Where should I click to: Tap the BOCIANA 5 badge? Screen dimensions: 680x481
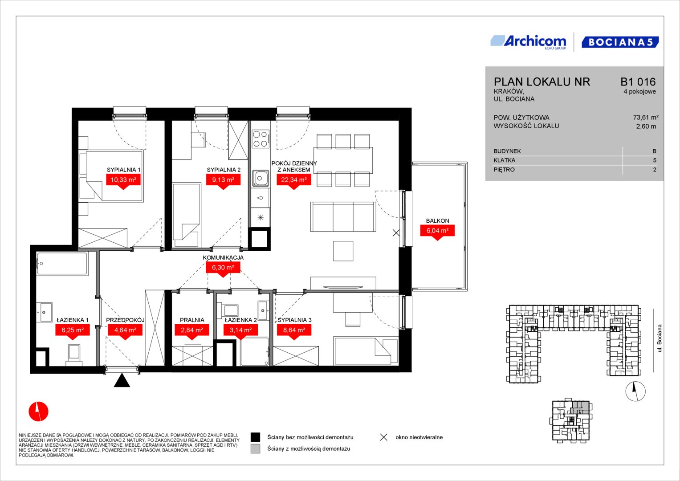tap(620, 42)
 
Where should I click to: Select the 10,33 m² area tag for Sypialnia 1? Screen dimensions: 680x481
tap(123, 181)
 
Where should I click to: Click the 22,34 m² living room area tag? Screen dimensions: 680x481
tap(294, 181)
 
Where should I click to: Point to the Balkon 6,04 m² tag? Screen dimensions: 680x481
tap(437, 232)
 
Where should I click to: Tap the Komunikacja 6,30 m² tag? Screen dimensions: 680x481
tap(223, 268)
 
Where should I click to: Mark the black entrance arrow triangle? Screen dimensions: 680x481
tap(122, 380)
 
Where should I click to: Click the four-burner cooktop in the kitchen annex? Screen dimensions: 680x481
tap(261, 139)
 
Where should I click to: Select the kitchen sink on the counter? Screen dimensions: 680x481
tap(260, 178)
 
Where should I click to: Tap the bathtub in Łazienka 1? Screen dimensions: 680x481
tap(62, 264)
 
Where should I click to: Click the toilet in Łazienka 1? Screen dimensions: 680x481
tap(74, 355)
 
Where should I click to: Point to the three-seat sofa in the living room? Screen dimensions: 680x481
tap(343, 216)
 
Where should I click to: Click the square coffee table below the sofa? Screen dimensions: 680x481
tap(343, 251)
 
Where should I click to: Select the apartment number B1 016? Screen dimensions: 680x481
tap(638, 82)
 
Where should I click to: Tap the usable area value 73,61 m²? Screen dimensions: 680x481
tap(646, 118)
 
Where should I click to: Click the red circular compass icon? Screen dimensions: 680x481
tap(39, 412)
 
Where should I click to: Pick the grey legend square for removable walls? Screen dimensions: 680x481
tap(255, 449)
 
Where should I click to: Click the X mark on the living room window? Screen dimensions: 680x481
tap(396, 233)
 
